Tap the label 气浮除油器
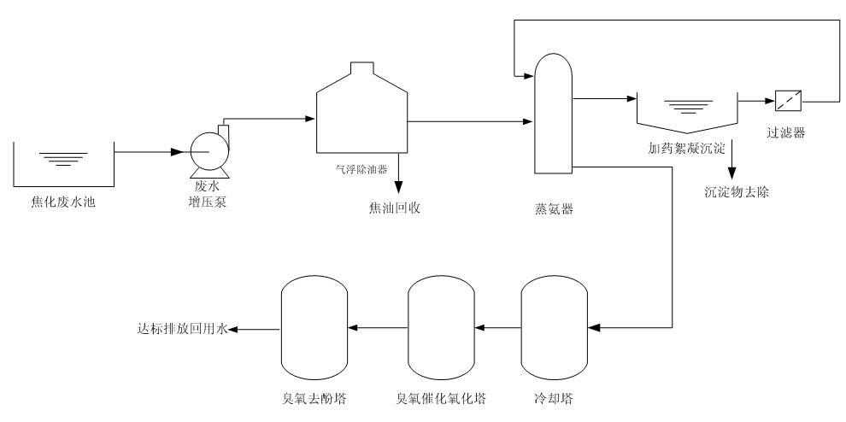click(359, 169)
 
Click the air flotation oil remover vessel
click(360, 111)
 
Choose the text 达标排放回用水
click(181, 328)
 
